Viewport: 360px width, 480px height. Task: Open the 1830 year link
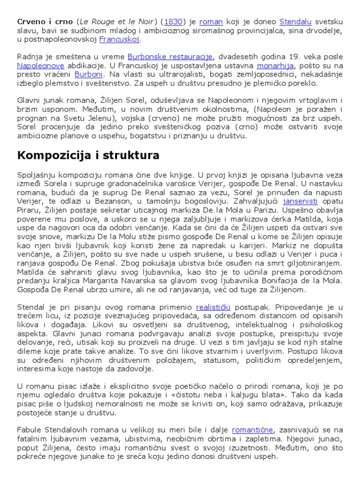click(173, 22)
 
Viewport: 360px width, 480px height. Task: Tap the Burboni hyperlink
click(90, 75)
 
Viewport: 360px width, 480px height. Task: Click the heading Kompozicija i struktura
click(88, 155)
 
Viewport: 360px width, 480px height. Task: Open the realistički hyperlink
click(213, 307)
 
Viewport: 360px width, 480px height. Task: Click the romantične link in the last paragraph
click(253, 429)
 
